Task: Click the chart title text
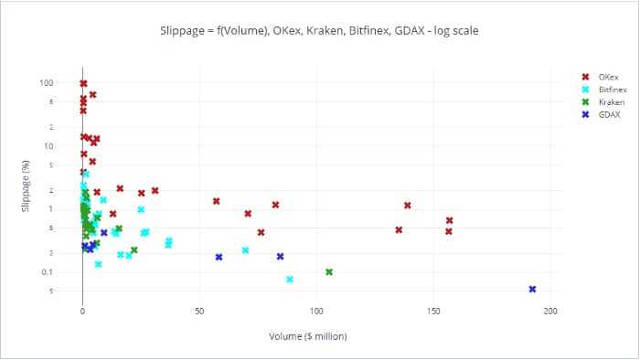click(320, 30)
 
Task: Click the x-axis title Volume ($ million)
click(308, 336)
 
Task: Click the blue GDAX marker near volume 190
click(532, 289)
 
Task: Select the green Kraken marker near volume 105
click(329, 271)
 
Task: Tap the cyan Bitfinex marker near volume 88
click(290, 279)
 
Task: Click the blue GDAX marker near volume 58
click(219, 257)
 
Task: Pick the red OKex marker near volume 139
click(408, 205)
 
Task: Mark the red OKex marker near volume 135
click(399, 229)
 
